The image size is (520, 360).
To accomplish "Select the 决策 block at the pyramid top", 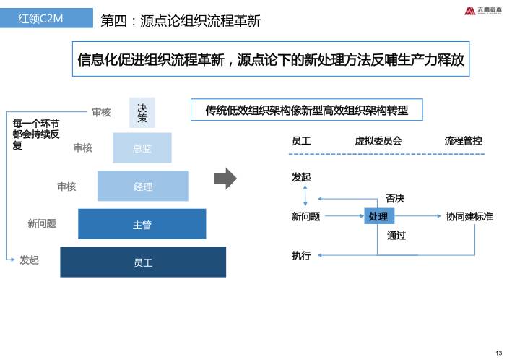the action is [x=142, y=112].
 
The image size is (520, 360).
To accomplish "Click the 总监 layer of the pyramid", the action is [x=142, y=148].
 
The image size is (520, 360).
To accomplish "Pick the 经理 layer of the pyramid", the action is [x=143, y=187].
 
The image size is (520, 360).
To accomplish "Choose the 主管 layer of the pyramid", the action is [x=142, y=225].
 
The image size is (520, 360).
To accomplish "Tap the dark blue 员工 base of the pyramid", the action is [x=143, y=262].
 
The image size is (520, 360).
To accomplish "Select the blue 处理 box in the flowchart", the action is [x=378, y=216].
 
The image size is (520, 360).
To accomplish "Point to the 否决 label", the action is [x=395, y=198].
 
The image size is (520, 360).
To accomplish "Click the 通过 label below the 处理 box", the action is [x=396, y=235].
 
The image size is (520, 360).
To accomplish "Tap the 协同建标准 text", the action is [x=469, y=216].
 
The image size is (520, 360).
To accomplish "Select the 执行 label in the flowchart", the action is [x=301, y=255].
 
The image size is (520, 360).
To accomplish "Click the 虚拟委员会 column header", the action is [x=378, y=141].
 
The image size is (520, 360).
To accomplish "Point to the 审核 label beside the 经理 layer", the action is [x=66, y=187].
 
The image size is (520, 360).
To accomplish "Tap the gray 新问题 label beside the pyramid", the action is [x=42, y=223].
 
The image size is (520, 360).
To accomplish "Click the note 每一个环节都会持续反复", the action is [x=36, y=134].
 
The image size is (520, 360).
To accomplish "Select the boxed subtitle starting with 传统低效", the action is [x=306, y=111].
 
